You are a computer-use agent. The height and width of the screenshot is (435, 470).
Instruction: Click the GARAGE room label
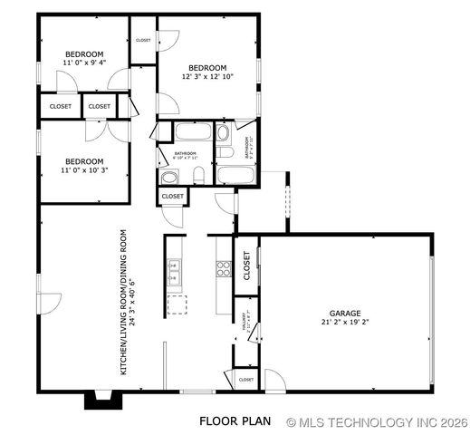tap(345, 313)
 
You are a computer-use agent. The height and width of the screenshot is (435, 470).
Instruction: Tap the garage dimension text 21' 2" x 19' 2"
tap(345, 322)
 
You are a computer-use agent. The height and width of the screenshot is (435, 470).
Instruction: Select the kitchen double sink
tap(175, 268)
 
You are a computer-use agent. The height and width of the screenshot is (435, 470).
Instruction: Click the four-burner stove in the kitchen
tap(223, 268)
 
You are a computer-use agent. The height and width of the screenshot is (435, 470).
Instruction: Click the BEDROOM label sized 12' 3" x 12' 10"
tap(208, 68)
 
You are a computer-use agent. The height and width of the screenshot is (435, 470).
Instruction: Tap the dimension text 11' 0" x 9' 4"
tap(83, 63)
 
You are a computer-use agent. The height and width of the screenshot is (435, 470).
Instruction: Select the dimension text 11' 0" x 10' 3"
tap(83, 169)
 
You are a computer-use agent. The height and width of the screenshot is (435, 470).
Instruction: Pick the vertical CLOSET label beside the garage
tap(245, 265)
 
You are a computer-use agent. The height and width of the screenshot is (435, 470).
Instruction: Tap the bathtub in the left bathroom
tap(192, 133)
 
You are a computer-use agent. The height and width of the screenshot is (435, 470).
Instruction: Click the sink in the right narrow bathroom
tap(224, 135)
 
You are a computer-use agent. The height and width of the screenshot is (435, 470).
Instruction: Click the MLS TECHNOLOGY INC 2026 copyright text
tap(375, 422)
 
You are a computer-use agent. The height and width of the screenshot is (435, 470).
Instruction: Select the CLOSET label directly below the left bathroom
tap(172, 197)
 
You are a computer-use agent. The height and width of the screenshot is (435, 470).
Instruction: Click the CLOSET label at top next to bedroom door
tap(143, 40)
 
